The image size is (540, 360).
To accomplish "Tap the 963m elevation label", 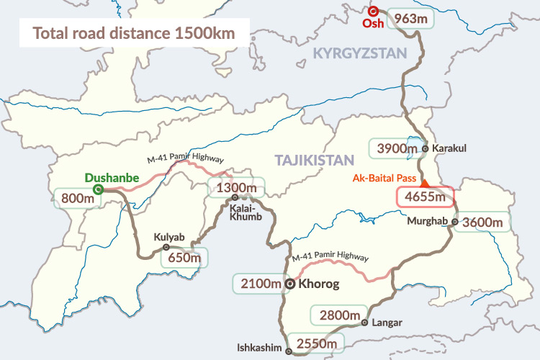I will tap(411, 18).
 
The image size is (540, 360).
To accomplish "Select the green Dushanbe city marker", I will tap(98, 189).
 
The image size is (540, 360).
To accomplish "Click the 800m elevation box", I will tap(77, 197).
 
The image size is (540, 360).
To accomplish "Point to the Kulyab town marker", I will tap(166, 247).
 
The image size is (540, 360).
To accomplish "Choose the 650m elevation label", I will tap(183, 257).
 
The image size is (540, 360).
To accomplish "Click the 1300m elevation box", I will tap(236, 189).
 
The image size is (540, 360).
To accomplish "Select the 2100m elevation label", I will tap(258, 284).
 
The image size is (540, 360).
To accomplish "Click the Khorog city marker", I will tap(290, 284).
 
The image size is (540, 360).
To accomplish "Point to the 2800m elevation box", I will tap(335, 315).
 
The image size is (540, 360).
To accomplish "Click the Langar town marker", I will tap(365, 323).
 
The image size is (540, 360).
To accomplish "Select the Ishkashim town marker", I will tap(289, 351).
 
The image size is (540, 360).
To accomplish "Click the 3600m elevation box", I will tap(483, 222).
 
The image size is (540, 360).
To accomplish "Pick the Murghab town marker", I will tap(454, 222).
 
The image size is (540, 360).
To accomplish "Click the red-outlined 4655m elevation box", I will tap(426, 197).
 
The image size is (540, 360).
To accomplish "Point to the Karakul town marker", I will tap(426, 148).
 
